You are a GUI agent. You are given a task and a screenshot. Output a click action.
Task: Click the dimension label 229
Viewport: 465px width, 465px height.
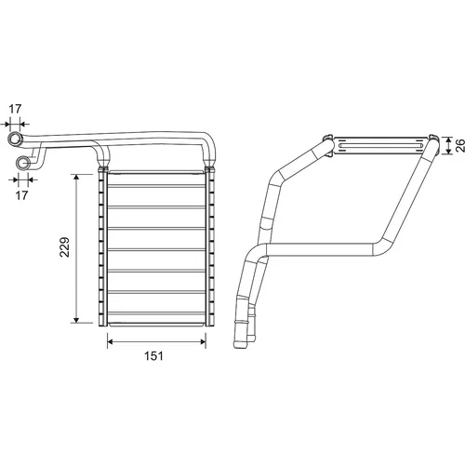point(64,247)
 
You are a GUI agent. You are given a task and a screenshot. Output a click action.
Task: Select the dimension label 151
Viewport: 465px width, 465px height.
point(153,356)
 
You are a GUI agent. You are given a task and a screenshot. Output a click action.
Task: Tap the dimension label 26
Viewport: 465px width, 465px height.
point(460,145)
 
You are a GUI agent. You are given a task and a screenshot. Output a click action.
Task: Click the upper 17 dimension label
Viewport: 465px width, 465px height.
point(15,109)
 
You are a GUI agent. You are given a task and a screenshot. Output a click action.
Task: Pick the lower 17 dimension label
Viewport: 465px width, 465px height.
point(21,195)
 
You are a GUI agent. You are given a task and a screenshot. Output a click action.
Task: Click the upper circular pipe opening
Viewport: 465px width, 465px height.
point(15,139)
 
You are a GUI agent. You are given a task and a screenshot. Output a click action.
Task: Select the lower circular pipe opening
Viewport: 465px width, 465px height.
point(23,163)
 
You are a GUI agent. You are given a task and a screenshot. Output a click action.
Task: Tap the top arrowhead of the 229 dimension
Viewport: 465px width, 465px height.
point(76,178)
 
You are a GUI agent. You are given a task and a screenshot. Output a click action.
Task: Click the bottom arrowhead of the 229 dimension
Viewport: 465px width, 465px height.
point(76,319)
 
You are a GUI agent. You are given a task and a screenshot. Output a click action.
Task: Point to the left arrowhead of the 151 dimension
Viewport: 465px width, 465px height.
point(111,342)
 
